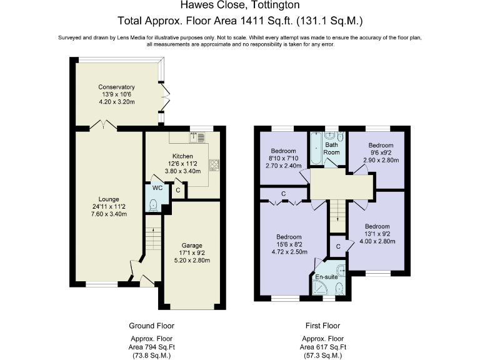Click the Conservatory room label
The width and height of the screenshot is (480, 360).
tap(116, 87)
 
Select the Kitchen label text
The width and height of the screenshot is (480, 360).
tap(182, 156)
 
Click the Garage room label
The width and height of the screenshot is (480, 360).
tap(191, 245)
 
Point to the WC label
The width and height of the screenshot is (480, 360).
tap(157, 187)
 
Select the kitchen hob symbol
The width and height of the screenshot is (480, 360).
tap(214, 165)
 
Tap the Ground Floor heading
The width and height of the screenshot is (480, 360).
tap(151, 326)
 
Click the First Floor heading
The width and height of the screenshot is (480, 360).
tap(323, 326)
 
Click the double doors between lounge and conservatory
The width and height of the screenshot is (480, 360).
tap(103, 127)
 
